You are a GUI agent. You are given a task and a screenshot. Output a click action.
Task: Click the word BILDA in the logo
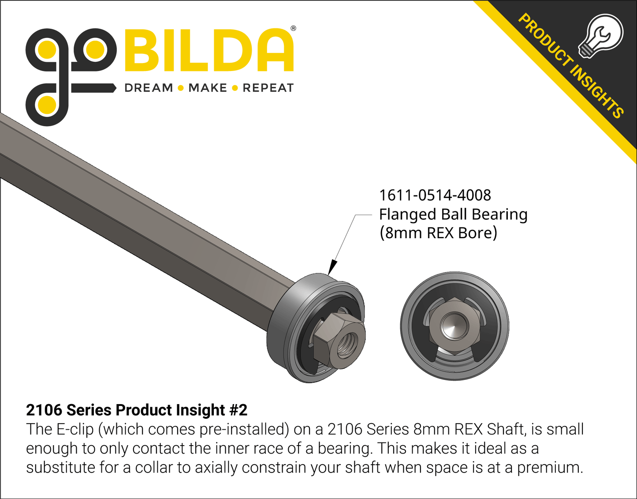[209, 50]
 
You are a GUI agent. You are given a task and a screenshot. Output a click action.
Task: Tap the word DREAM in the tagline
[149, 88]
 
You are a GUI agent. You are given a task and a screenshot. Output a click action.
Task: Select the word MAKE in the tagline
[208, 88]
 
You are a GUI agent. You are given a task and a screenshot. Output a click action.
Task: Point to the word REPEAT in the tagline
[268, 88]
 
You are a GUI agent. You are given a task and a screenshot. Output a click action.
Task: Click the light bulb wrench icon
[600, 35]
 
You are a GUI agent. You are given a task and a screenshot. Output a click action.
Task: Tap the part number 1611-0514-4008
[435, 195]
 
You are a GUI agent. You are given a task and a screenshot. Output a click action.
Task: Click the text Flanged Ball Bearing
[453, 214]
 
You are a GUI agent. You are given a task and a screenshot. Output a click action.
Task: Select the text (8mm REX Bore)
[438, 233]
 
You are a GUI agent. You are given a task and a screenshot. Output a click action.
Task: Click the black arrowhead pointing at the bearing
[332, 267]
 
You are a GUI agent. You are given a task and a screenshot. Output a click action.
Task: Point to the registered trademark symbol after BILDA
[293, 29]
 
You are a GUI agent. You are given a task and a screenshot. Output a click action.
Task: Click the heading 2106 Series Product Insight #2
[137, 410]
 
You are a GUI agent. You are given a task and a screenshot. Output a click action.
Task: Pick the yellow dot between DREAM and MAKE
[180, 88]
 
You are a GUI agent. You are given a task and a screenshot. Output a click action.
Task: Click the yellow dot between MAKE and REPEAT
[235, 88]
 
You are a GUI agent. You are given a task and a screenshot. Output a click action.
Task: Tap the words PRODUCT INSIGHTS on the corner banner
[571, 66]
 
